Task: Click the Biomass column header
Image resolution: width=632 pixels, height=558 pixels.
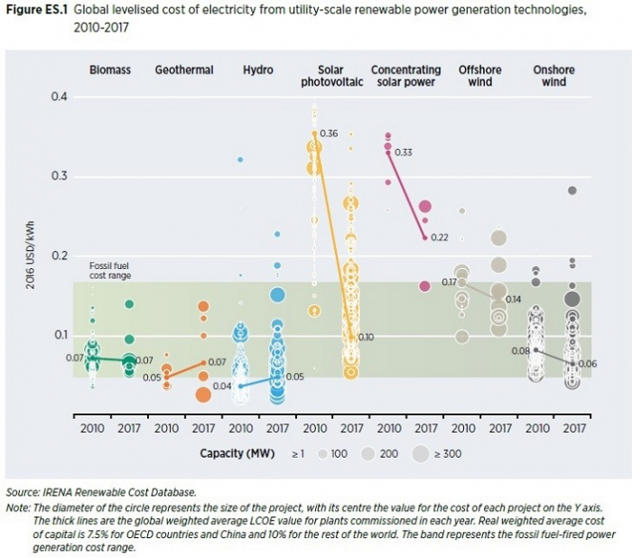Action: coord(109,70)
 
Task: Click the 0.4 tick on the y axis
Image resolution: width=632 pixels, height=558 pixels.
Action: coord(60,97)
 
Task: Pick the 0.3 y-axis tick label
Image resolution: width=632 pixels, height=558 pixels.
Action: coord(60,176)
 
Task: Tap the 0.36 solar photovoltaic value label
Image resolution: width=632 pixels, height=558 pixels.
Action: coord(329,134)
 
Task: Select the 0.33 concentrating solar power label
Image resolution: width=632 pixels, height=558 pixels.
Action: coord(404,153)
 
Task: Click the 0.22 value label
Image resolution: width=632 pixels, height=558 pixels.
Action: coord(440,237)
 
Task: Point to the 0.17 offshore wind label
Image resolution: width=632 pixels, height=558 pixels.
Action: coord(449,283)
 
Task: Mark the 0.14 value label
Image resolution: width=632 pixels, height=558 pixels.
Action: coord(513,299)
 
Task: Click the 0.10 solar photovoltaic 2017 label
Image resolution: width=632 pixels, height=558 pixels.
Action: coord(366,338)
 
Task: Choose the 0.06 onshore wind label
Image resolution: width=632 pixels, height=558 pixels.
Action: coord(586,364)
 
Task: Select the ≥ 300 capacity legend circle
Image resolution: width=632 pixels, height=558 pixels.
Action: coord(421,453)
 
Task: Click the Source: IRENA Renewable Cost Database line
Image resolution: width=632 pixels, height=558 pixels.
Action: coord(100,492)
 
